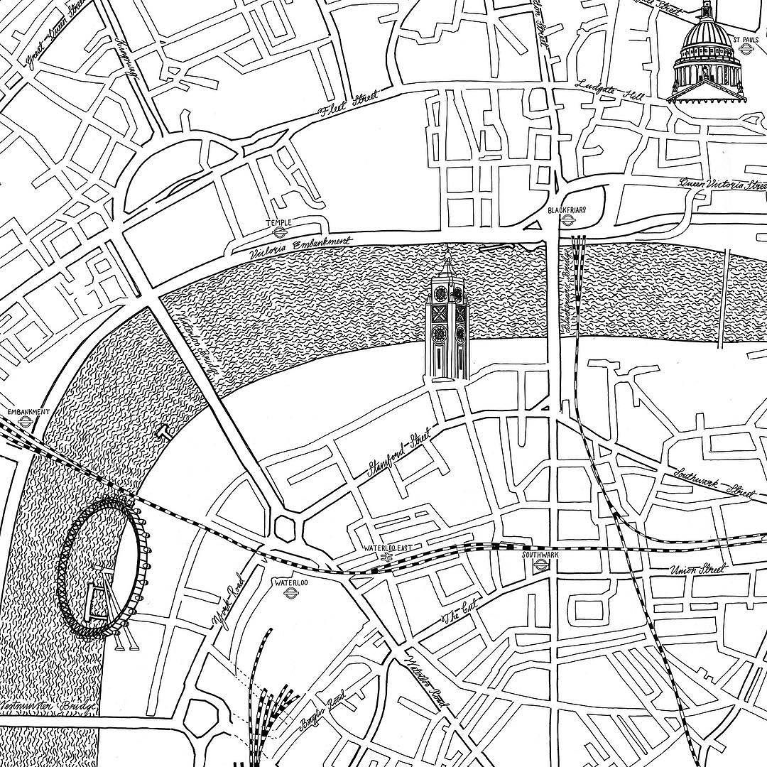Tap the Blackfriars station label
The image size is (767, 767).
[565, 211]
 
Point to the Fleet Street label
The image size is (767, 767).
[347, 105]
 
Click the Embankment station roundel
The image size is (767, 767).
[26, 420]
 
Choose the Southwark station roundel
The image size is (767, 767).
[540, 565]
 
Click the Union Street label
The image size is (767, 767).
[697, 570]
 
